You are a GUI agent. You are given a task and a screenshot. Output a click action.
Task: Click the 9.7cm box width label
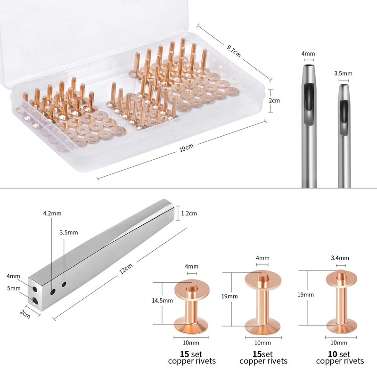233,51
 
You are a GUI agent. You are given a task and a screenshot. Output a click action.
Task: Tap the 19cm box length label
187,148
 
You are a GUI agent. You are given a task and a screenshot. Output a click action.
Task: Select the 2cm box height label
274,100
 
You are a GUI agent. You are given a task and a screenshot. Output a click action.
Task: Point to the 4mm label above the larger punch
308,53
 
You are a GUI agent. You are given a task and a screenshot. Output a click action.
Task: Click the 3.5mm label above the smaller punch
343,74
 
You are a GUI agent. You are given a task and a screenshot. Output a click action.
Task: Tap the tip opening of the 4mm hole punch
309,66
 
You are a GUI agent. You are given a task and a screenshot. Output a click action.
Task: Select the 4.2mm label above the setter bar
52,213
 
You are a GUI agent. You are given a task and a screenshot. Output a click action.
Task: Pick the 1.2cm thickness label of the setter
189,213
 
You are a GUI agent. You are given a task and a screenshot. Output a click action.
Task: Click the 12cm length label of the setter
126,269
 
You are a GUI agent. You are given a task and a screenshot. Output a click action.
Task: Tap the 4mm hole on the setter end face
35,289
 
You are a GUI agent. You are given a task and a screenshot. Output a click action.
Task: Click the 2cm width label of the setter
25,314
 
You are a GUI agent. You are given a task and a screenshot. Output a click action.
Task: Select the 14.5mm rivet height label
162,300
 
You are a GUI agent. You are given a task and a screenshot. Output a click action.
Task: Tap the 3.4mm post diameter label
340,258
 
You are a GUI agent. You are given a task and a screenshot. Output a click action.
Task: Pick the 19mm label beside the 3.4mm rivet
305,295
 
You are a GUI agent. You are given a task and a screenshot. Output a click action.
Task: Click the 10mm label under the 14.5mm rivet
191,343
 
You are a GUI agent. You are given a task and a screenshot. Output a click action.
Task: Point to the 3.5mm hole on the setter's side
64,285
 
